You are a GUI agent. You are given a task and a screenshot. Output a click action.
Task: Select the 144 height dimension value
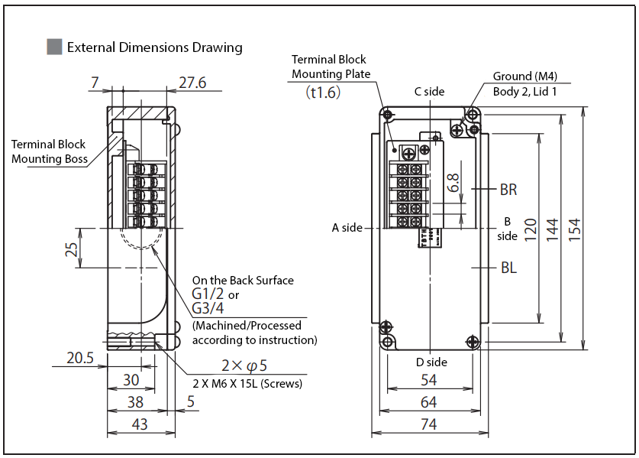click(x=553, y=226)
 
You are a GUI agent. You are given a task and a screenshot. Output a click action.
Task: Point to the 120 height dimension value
click(x=531, y=227)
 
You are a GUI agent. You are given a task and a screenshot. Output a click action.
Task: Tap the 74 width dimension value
click(x=429, y=424)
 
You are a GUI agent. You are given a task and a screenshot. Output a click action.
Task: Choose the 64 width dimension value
click(x=429, y=402)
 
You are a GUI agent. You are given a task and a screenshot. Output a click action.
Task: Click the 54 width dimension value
click(x=429, y=380)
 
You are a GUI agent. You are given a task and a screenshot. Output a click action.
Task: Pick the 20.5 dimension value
click(x=79, y=357)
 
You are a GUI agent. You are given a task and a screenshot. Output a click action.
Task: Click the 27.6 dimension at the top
click(x=192, y=83)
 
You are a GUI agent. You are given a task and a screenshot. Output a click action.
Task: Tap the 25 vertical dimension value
click(x=73, y=248)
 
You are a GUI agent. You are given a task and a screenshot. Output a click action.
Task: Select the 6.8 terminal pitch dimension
click(x=453, y=182)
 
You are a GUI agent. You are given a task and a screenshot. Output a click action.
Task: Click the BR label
click(x=508, y=190)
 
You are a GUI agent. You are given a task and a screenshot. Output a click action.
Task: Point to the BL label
click(x=508, y=268)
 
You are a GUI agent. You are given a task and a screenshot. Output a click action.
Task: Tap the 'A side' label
click(x=347, y=228)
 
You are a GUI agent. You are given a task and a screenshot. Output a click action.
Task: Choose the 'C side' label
click(x=429, y=92)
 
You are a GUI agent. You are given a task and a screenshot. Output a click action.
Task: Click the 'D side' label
click(x=431, y=362)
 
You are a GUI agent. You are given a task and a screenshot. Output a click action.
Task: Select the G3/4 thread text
click(x=208, y=309)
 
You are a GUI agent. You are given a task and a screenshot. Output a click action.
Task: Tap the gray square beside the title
click(x=54, y=47)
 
